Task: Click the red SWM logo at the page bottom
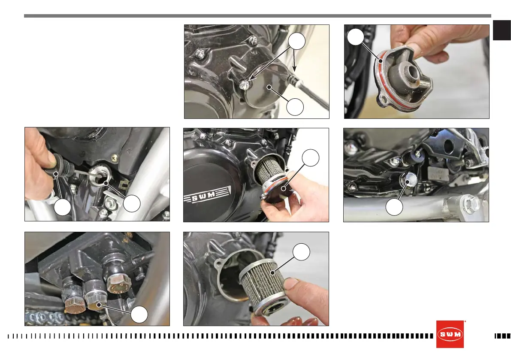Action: click(450, 334)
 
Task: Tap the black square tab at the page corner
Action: click(502, 30)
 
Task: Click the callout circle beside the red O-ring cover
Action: click(355, 37)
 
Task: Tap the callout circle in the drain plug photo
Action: click(139, 315)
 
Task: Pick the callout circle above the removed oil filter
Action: click(301, 252)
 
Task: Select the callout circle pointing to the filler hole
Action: click(132, 204)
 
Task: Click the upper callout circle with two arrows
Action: click(296, 41)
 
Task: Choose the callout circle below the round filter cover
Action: click(295, 106)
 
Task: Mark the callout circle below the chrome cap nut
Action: click(394, 207)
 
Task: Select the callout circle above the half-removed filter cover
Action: click(311, 157)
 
